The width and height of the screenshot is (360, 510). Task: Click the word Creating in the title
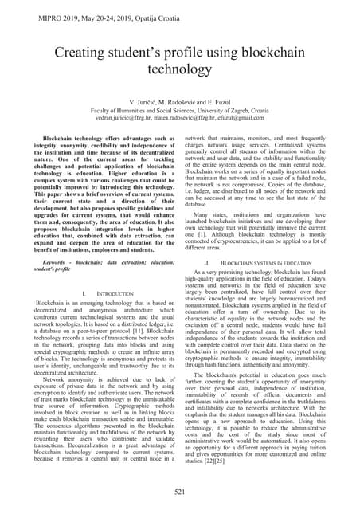tap(83, 55)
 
